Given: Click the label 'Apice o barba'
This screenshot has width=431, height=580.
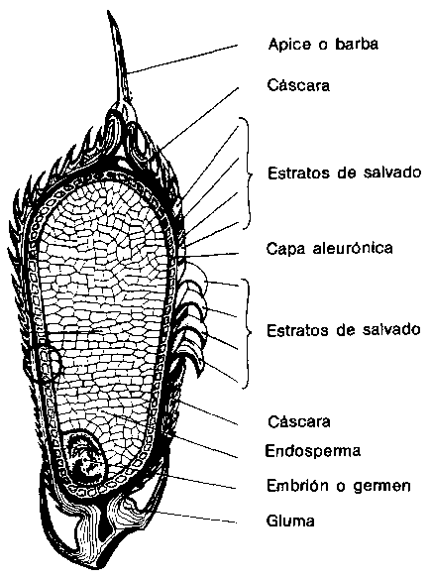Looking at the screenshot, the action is point(323,44).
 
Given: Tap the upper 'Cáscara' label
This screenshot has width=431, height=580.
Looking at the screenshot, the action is point(298,85).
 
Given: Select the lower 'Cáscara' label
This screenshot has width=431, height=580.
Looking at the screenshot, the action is point(298,421).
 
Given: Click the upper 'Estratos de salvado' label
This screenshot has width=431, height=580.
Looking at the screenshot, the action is point(345,173).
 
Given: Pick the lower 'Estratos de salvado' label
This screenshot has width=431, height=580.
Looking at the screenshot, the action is point(344,329).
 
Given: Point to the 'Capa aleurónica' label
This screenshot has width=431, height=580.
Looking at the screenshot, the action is point(330,248).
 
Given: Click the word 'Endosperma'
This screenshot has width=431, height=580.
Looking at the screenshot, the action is point(313,451).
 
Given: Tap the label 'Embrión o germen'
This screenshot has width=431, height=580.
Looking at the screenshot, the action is point(339,485).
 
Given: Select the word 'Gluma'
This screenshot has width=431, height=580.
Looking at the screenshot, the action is point(290,521).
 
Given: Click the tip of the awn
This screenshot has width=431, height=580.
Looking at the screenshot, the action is point(108,11).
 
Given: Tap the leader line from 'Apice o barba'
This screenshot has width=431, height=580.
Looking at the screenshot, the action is point(182,59).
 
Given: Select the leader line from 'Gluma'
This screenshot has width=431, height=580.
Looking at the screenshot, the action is point(196,518).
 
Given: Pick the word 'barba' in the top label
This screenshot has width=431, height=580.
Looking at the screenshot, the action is point(357,44).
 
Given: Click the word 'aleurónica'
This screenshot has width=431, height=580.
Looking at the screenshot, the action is point(353,248).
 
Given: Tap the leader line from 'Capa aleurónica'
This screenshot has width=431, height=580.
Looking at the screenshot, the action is point(209,255).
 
